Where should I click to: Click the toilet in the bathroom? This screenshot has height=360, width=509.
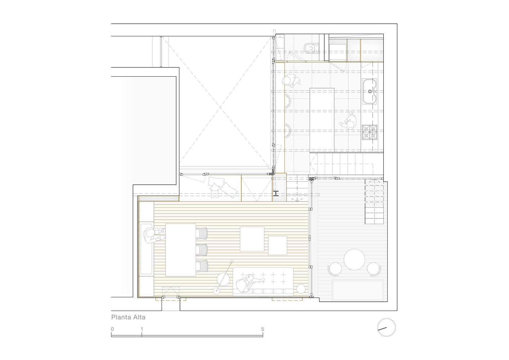point(310,48)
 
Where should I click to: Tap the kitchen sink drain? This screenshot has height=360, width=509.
point(370,91)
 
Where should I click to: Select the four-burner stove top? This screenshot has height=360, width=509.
point(370,132)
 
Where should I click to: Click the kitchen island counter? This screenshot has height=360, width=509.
point(322,120)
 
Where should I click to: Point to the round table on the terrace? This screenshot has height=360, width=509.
point(354,259)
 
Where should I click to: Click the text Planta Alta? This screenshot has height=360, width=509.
point(128,317)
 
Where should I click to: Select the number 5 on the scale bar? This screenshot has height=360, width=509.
point(262,329)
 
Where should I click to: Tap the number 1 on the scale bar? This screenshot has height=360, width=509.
point(142,329)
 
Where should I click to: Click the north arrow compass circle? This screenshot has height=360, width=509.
point(387,328)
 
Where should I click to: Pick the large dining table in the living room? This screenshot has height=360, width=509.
point(180,250)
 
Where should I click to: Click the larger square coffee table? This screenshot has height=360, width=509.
point(252,239)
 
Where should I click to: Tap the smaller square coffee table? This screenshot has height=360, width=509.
point(278,246)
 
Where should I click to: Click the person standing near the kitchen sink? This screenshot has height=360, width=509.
point(291,81)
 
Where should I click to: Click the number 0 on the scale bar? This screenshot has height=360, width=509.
point(112,329)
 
